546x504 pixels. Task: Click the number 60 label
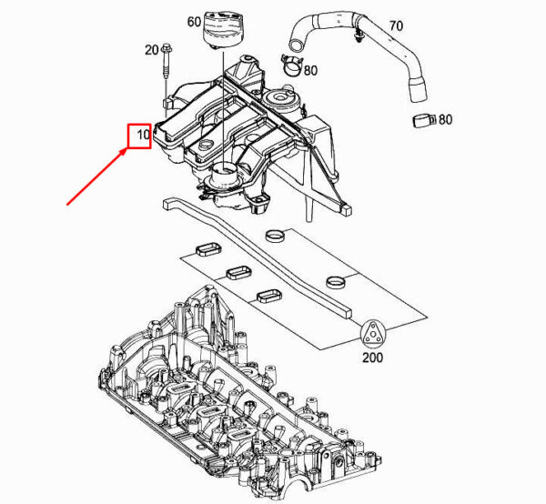[194, 22]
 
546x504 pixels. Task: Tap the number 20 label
[151, 50]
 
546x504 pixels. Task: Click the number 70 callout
[396, 25]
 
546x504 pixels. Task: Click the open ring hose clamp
[292, 66]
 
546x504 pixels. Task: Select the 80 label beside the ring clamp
[310, 71]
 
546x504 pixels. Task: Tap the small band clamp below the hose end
[424, 121]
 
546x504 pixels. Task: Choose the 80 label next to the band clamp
[445, 120]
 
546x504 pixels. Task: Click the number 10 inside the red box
[143, 135]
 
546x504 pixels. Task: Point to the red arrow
[96, 176]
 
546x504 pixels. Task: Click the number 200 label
[372, 358]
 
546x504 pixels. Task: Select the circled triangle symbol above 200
[373, 334]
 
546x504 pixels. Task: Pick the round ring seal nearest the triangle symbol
[337, 282]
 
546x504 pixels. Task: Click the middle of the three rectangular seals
[238, 273]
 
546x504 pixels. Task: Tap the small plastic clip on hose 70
[357, 37]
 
